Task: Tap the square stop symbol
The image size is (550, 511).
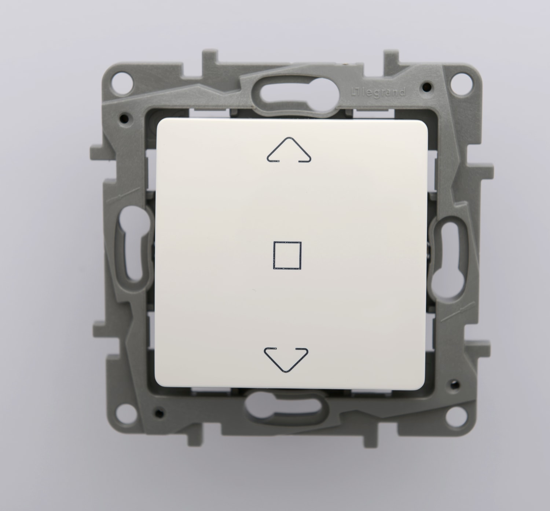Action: coord(274,255)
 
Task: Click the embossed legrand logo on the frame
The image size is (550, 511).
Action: coord(378,92)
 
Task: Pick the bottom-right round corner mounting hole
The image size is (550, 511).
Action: coord(456,417)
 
